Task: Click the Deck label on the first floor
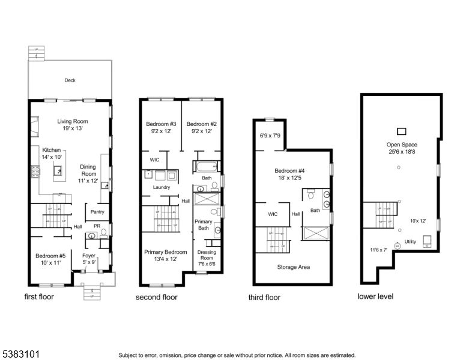69,80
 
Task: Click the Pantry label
97,212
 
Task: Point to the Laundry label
161,187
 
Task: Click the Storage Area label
294,266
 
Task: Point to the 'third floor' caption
264,298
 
